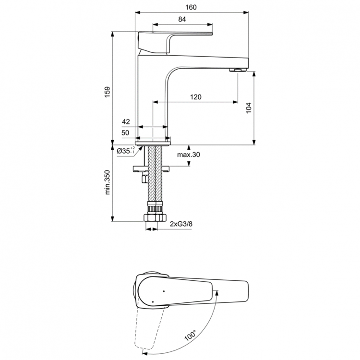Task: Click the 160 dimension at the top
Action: (193, 7)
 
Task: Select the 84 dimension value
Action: (182, 19)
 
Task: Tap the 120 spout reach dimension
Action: (195, 97)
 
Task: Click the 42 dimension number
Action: (126, 121)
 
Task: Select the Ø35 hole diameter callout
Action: (126, 151)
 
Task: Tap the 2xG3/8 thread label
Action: (181, 224)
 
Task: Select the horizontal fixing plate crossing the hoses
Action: (153, 168)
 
